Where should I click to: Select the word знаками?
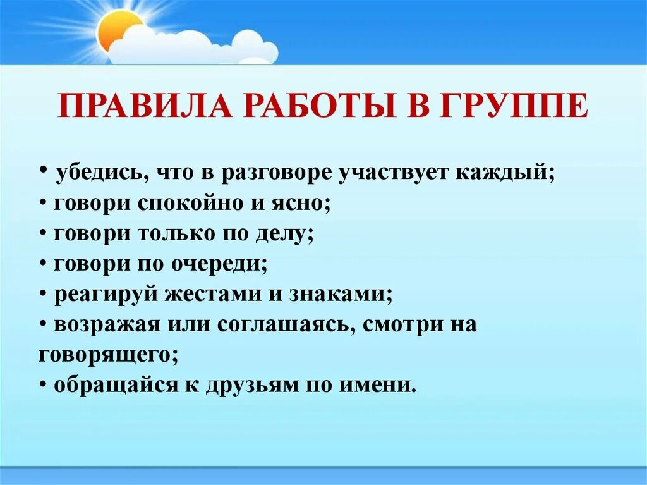click(x=341, y=295)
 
